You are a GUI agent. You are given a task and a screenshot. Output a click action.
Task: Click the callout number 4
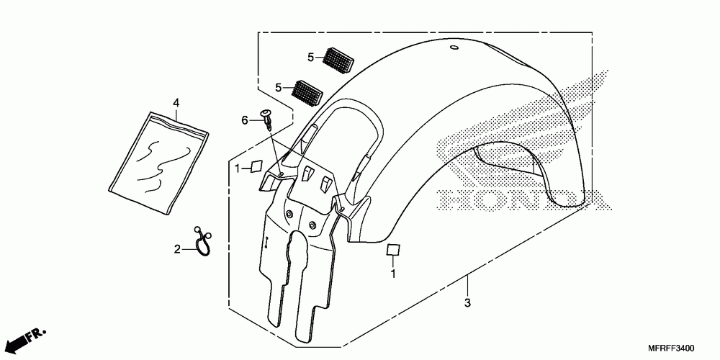pyautogui.click(x=176, y=102)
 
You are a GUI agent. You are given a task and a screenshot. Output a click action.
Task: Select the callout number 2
pyautogui.click(x=176, y=249)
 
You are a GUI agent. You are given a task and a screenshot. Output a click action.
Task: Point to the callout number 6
pyautogui.click(x=244, y=120)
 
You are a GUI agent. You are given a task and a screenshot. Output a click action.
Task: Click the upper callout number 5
pyautogui.click(x=310, y=57)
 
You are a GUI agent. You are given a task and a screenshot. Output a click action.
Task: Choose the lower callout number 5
pyautogui.click(x=278, y=88)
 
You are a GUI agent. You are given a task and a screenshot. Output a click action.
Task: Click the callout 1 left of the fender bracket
pyautogui.click(x=238, y=168)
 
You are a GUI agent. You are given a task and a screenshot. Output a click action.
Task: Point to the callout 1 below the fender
pyautogui.click(x=393, y=274)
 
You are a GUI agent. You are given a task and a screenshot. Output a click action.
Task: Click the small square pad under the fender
pyautogui.click(x=393, y=250)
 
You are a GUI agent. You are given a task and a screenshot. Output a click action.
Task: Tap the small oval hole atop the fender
pyautogui.click(x=454, y=48)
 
